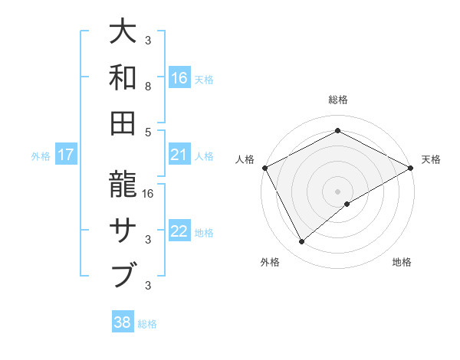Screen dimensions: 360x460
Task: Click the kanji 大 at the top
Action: point(125,31)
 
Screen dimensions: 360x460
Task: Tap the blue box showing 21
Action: point(179,155)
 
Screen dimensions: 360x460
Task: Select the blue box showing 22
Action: point(179,231)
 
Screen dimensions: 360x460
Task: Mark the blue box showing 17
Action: point(66,155)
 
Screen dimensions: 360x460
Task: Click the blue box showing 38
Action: point(123,322)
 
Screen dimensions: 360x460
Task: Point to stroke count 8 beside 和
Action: point(148,87)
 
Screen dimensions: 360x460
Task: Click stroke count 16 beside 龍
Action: point(149,195)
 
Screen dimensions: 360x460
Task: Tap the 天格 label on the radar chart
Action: point(431,159)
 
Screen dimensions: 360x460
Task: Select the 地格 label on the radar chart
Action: point(402,262)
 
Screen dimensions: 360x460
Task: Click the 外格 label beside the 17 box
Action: point(41,155)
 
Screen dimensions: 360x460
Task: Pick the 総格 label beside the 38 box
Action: point(147,323)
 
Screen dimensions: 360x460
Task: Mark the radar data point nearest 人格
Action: point(264,167)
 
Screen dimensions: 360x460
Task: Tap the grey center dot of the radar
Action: point(337,191)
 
